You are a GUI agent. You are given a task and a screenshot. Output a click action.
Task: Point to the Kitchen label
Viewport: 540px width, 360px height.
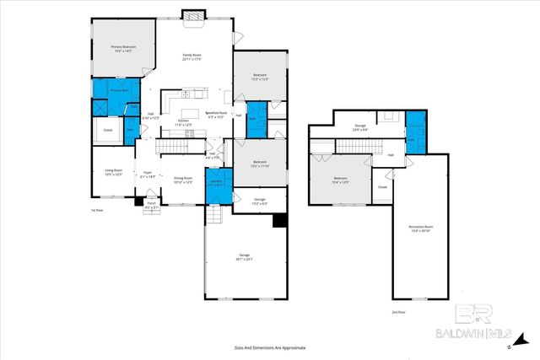(183, 123)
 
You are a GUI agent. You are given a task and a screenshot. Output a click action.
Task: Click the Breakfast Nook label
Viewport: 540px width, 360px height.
(215, 114)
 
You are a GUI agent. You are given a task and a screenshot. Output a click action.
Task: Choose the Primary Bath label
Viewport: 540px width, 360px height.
(118, 90)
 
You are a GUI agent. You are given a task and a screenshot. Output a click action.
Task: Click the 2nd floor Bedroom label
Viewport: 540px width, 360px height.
(339, 180)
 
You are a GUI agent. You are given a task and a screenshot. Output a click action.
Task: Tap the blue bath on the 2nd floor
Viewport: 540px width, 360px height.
(416, 131)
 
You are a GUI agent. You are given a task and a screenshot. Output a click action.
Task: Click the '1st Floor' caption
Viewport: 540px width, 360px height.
(97, 210)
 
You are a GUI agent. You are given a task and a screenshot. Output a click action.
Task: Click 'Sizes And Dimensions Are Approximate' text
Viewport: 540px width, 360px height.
(270, 347)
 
